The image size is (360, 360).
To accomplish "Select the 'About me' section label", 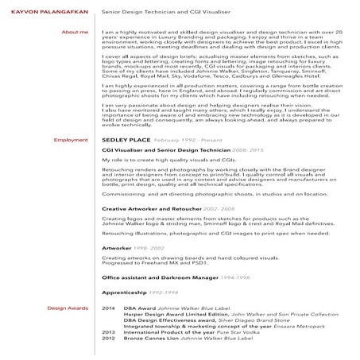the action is click(x=74, y=32).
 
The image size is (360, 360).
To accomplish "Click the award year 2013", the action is click(x=109, y=331).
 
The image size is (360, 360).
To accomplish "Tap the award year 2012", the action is click(x=109, y=338).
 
